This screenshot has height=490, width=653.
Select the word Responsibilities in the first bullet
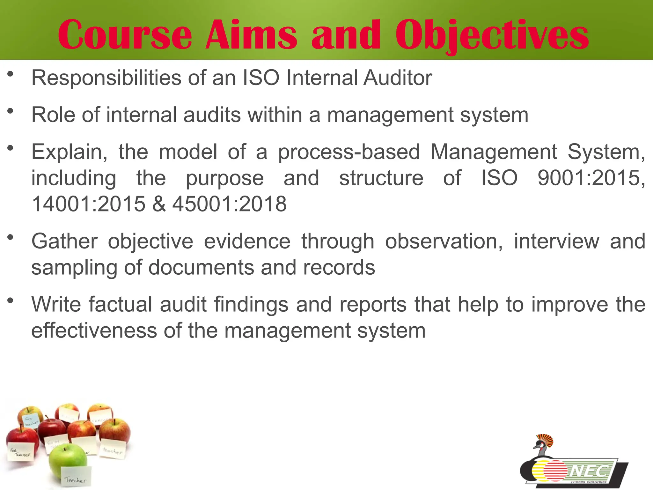click(x=106, y=78)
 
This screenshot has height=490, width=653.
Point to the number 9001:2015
click(x=591, y=178)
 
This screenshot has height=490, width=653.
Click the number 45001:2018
click(x=230, y=204)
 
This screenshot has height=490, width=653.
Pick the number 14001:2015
click(x=89, y=204)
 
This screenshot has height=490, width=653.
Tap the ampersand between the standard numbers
click(x=159, y=204)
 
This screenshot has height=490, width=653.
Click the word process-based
click(x=349, y=152)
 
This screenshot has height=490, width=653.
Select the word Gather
click(x=64, y=241)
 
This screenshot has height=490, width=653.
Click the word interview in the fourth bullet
click(x=556, y=241)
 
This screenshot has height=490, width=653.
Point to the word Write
click(x=56, y=304)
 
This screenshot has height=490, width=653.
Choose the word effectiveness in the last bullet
click(x=94, y=331)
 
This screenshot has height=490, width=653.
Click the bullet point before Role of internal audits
click(x=11, y=111)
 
